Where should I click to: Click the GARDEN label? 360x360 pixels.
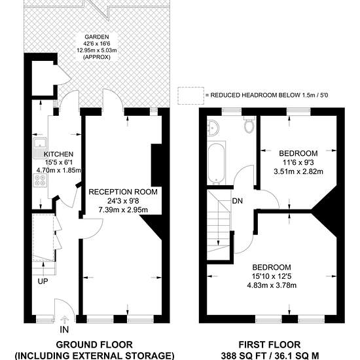(97, 37)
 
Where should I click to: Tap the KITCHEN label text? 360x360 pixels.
(58, 154)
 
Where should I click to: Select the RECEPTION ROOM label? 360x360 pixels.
(123, 192)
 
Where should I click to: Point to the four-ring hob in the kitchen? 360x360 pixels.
(40, 181)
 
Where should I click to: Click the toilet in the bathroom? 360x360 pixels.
(249, 124)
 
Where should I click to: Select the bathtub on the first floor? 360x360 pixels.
(216, 164)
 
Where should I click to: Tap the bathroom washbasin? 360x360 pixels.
(213, 127)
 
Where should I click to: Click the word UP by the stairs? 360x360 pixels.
(43, 281)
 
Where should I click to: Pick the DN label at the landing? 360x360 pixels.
(238, 201)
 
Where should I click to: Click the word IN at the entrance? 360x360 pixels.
(64, 330)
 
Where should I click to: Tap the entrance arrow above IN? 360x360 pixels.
(64, 319)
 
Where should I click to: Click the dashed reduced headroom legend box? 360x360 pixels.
(190, 96)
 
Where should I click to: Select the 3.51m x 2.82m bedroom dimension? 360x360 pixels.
(298, 171)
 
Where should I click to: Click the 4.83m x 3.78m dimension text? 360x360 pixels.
(272, 285)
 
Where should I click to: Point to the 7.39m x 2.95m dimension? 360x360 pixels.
(123, 210)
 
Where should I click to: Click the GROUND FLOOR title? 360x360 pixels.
(94, 345)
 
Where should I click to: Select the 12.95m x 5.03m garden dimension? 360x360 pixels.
(97, 50)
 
